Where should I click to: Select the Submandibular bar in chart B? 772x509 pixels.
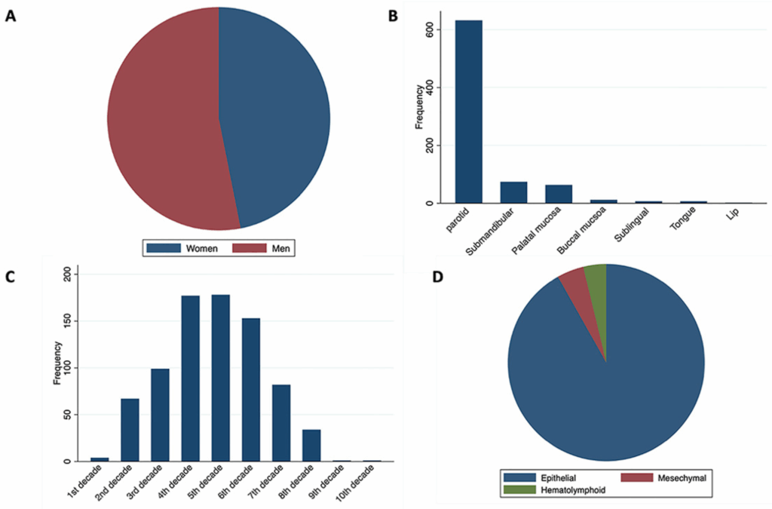513,193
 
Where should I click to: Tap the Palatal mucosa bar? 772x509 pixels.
559,195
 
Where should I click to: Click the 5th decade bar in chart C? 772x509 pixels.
220,378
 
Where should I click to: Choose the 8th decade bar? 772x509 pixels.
311,445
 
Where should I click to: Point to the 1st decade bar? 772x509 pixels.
100,459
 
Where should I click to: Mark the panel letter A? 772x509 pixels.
11,16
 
